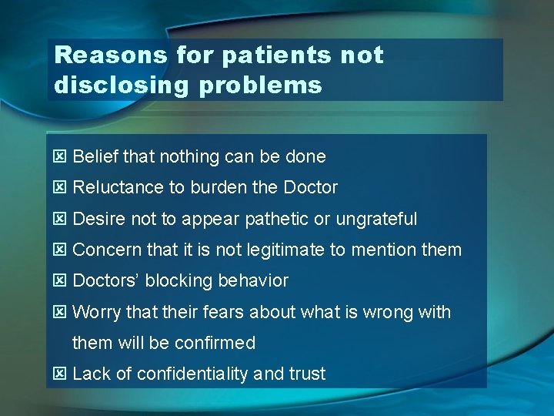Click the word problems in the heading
260,85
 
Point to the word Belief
95,157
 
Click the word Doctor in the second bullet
311,188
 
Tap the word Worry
95,313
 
